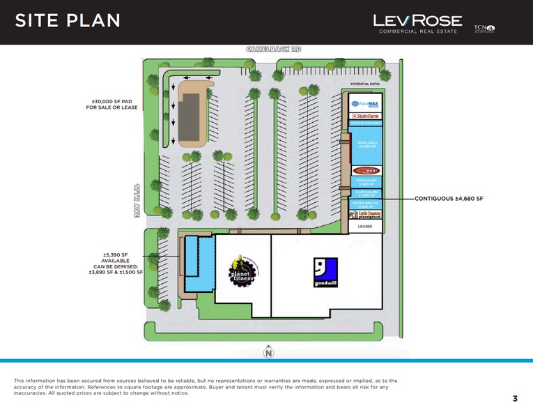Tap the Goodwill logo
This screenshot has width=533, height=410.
pos(325,273)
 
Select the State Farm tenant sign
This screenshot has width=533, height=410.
pos(366,116)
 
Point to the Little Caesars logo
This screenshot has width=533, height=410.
pos(366,215)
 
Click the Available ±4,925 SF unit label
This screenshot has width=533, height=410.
pos(366,144)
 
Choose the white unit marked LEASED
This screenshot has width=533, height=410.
pos(366,227)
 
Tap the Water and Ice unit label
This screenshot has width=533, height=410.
pos(366,204)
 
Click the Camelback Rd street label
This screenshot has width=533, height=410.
pos(273,50)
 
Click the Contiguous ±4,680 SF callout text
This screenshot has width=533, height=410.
pos(448,199)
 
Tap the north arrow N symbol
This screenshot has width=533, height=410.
pos(268,354)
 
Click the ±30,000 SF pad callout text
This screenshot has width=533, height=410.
pos(111,105)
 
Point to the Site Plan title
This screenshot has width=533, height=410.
pos(68,21)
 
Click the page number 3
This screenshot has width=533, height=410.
pos(515,398)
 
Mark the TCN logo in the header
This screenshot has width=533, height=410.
pos(484,29)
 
